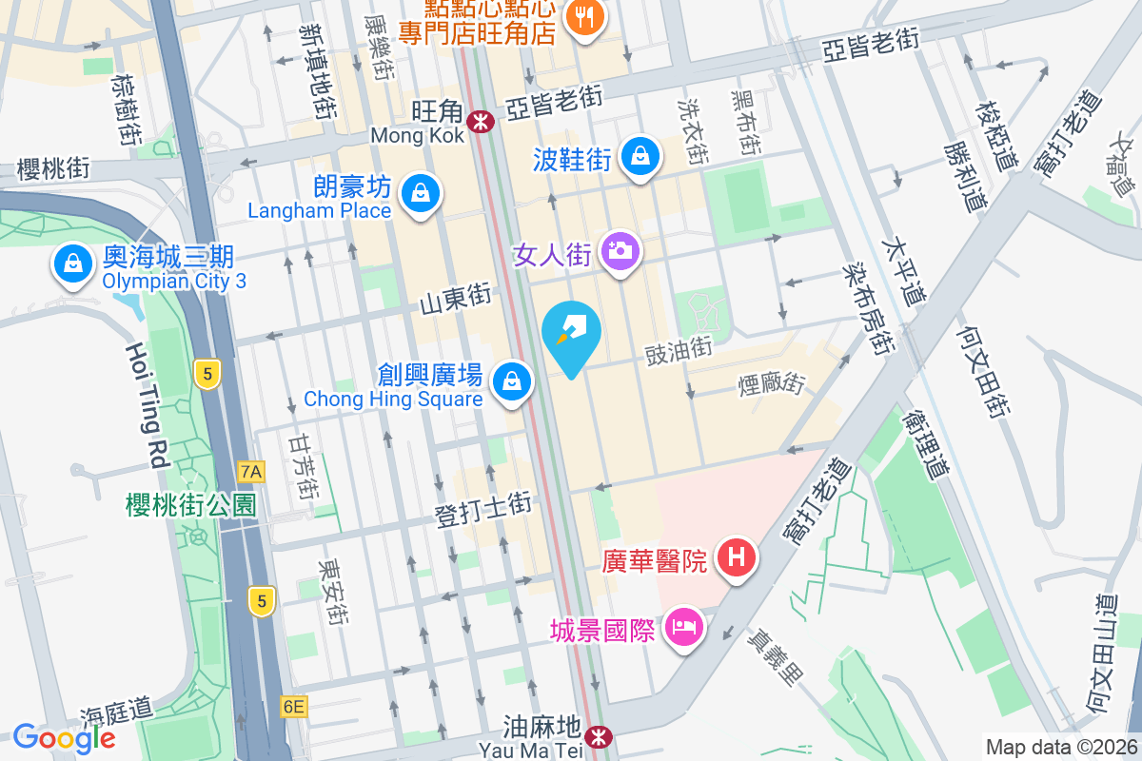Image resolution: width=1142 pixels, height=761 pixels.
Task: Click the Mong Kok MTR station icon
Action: [x=481, y=120]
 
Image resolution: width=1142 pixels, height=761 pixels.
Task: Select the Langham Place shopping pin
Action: [x=418, y=193]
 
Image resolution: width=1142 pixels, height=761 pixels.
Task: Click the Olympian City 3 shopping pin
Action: [x=72, y=264]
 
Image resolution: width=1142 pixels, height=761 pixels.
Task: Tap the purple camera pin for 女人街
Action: [x=620, y=252]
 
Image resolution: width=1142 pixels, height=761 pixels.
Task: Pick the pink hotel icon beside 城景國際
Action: [x=683, y=627]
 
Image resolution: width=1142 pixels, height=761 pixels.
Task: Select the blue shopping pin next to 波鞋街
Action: [x=641, y=156]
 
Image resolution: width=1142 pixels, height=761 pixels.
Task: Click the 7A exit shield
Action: [x=251, y=472]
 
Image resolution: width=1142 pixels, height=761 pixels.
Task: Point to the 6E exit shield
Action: [x=294, y=707]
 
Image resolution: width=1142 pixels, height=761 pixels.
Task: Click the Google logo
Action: [x=65, y=737]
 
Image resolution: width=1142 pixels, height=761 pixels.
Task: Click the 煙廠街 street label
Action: [x=772, y=384]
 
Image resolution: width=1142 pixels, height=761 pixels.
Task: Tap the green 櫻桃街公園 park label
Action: [x=191, y=505]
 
